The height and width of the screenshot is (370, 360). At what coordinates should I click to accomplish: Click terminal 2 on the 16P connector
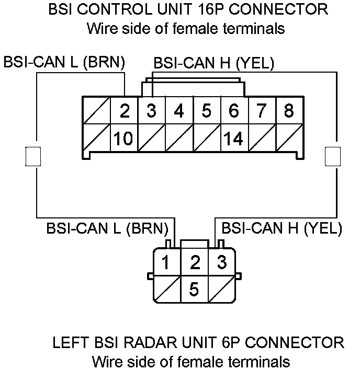pyautogui.click(x=125, y=111)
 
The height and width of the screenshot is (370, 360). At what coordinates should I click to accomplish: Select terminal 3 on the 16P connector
pyautogui.click(x=152, y=111)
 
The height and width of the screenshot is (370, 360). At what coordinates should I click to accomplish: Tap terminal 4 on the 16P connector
pyautogui.click(x=179, y=111)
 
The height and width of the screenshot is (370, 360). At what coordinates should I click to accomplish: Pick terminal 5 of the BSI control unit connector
pyautogui.click(x=206, y=111)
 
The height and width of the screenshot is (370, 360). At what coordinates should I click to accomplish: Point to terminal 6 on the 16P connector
pyautogui.click(x=233, y=111)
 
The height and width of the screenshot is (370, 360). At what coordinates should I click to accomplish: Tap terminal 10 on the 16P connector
pyautogui.click(x=125, y=139)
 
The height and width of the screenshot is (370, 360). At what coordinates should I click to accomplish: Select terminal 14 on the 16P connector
pyautogui.click(x=233, y=139)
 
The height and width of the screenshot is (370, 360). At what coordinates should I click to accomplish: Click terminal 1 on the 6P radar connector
pyautogui.click(x=166, y=262)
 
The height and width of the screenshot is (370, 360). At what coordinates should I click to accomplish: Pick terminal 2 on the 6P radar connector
pyautogui.click(x=194, y=262)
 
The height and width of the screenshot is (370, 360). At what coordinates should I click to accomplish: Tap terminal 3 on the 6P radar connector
pyautogui.click(x=222, y=262)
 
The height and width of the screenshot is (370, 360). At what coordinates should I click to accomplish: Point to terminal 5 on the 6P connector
pyautogui.click(x=194, y=289)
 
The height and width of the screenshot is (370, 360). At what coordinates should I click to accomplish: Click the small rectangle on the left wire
pyautogui.click(x=33, y=156)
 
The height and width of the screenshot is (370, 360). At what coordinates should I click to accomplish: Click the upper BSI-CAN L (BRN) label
pyautogui.click(x=64, y=62)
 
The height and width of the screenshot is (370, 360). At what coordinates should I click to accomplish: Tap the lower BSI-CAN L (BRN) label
pyautogui.click(x=107, y=228)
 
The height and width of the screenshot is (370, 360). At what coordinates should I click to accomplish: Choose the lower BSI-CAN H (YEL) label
pyautogui.click(x=282, y=228)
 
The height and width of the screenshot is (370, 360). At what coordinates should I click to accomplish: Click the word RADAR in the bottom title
pyautogui.click(x=151, y=343)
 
